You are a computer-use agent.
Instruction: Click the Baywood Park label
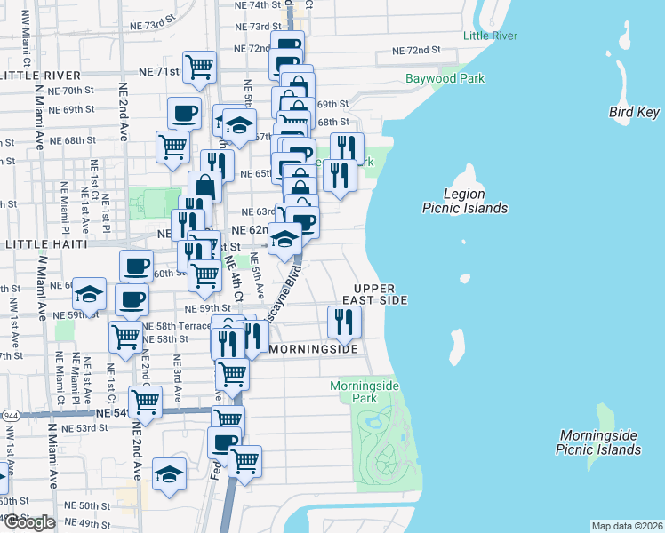pyautogui.click(x=445, y=78)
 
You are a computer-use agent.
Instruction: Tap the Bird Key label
pyautogui.click(x=635, y=112)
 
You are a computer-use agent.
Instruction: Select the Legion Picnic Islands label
pyautogui.click(x=464, y=201)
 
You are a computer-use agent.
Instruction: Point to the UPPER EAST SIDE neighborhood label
pyautogui.click(x=381, y=295)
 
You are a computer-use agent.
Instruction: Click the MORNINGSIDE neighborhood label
pyautogui.click(x=313, y=349)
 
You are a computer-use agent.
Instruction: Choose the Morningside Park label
pyautogui.click(x=365, y=393)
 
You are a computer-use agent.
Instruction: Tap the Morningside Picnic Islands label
pyautogui.click(x=599, y=442)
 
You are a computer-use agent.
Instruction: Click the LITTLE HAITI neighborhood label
pyautogui.click(x=46, y=243)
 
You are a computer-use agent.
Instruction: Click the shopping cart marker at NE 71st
pyautogui.click(x=200, y=66)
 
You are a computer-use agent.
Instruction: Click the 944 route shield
pyautogui.click(x=11, y=415)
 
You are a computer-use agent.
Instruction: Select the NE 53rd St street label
pyautogui.click(x=90, y=427)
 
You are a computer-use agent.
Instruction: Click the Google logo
pyautogui.click(x=29, y=522)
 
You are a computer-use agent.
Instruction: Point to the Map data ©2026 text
pyautogui.click(x=626, y=526)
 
